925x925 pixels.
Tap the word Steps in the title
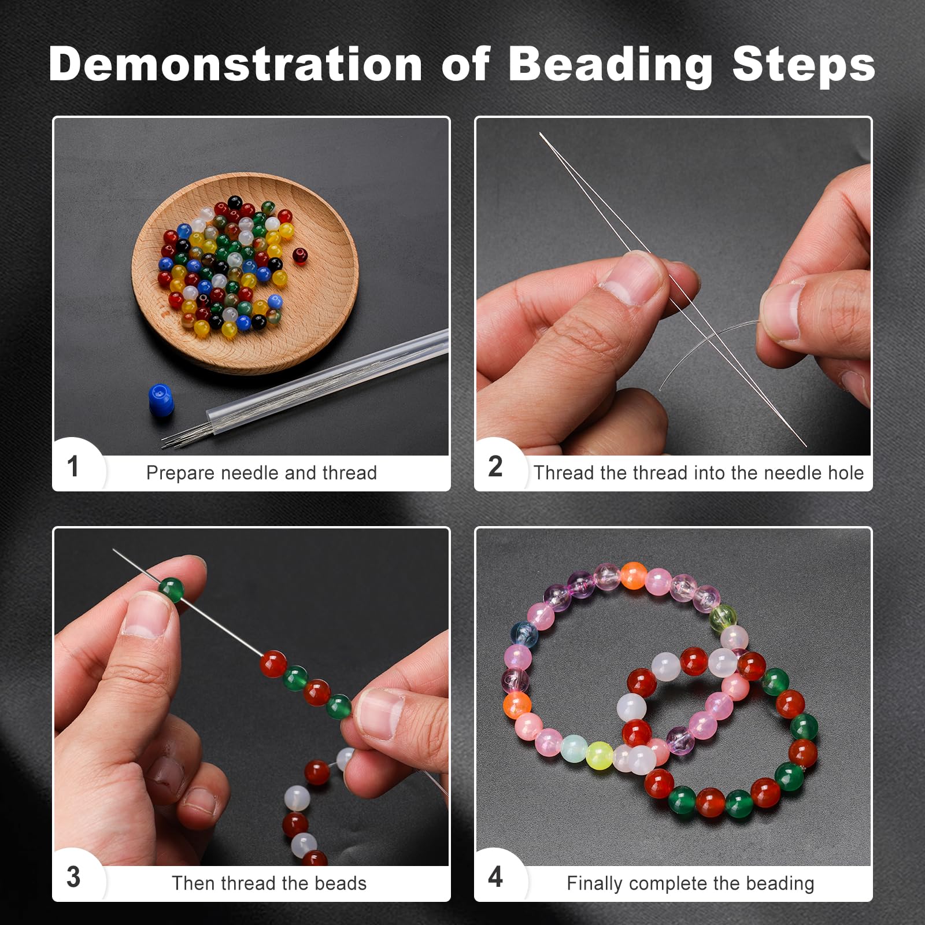(803, 65)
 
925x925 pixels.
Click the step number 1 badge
(73, 467)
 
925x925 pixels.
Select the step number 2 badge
(495, 467)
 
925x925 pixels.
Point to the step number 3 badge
(73, 877)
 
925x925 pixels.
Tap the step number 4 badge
(495, 877)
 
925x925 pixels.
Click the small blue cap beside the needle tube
(161, 399)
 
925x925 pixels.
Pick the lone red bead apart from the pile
(299, 255)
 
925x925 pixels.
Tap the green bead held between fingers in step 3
(171, 589)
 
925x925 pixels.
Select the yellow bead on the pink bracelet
(599, 755)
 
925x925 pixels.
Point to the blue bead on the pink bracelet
(525, 634)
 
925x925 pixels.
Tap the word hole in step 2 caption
(845, 473)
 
